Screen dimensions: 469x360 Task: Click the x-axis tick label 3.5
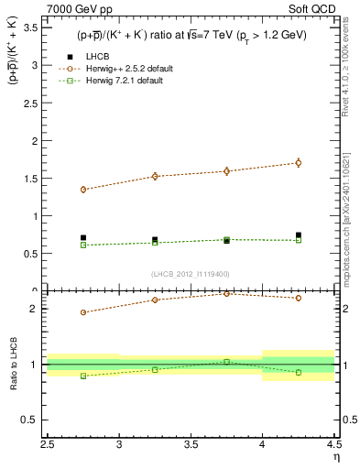(191, 447)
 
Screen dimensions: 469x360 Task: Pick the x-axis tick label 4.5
(333, 447)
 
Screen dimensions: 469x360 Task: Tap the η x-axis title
(336, 459)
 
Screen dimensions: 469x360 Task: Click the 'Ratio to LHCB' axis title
(13, 366)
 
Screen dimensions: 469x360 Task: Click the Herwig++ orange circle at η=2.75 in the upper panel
(83, 190)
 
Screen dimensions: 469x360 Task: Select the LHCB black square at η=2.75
(83, 237)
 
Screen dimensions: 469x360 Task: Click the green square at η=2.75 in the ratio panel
(83, 376)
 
